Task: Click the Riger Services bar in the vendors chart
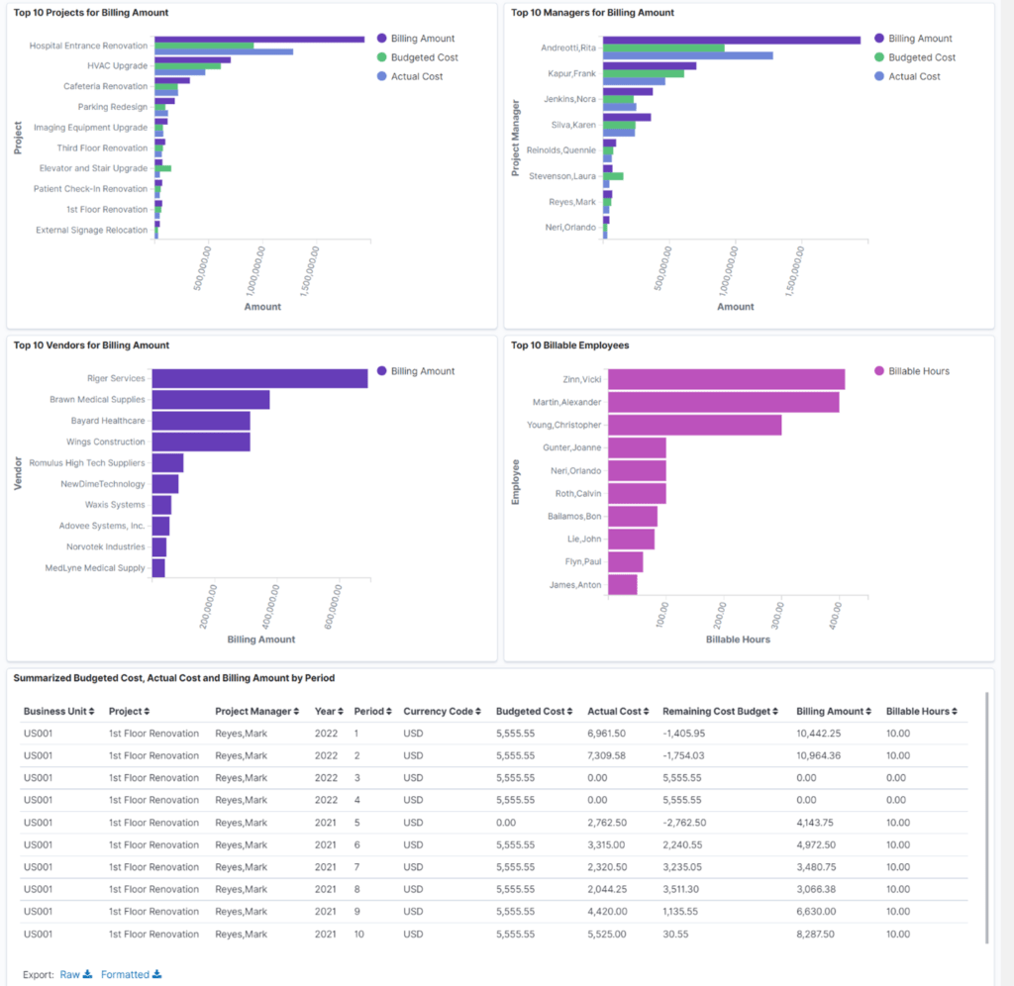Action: coord(260,378)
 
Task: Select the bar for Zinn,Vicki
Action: coord(726,379)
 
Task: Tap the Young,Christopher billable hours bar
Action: coord(694,425)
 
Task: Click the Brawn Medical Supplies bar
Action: coord(211,400)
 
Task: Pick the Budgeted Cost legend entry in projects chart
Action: coord(418,57)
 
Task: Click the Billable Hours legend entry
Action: coord(912,371)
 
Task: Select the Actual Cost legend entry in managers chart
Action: coord(907,76)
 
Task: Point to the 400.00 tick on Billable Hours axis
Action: coord(836,615)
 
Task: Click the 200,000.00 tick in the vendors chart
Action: coord(208,607)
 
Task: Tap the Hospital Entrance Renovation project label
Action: coord(88,46)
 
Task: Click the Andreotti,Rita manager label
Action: coord(568,48)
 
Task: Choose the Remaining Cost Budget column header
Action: coord(720,711)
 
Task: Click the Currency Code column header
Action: coord(442,711)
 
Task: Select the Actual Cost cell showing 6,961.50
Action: coord(607,734)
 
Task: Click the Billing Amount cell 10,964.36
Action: coord(819,755)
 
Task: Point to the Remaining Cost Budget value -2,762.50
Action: coord(684,823)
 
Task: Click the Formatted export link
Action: coord(131,974)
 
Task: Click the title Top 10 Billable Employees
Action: coord(569,345)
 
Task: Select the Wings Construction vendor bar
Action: coord(201,442)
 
